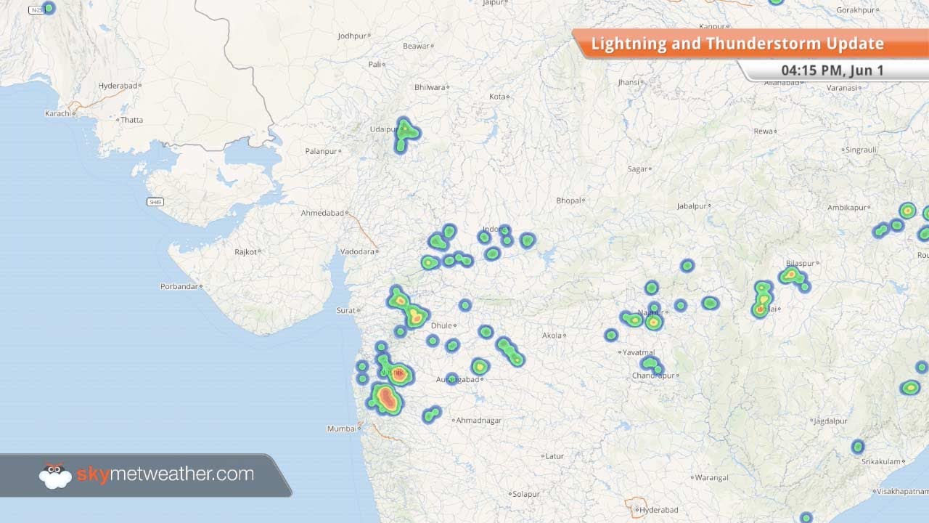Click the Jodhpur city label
pyautogui.click(x=352, y=36)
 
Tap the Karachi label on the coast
pyautogui.click(x=57, y=113)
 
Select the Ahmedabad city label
pyautogui.click(x=322, y=213)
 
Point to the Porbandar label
pyautogui.click(x=179, y=286)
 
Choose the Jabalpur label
pyautogui.click(x=692, y=206)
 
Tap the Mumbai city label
pyautogui.click(x=341, y=429)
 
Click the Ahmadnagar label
pyautogui.click(x=478, y=420)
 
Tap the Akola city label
pyautogui.click(x=552, y=336)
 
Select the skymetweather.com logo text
pyautogui.click(x=165, y=475)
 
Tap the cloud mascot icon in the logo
pyautogui.click(x=55, y=476)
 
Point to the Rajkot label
pyautogui.click(x=245, y=252)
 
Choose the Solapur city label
pyautogui.click(x=525, y=494)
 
